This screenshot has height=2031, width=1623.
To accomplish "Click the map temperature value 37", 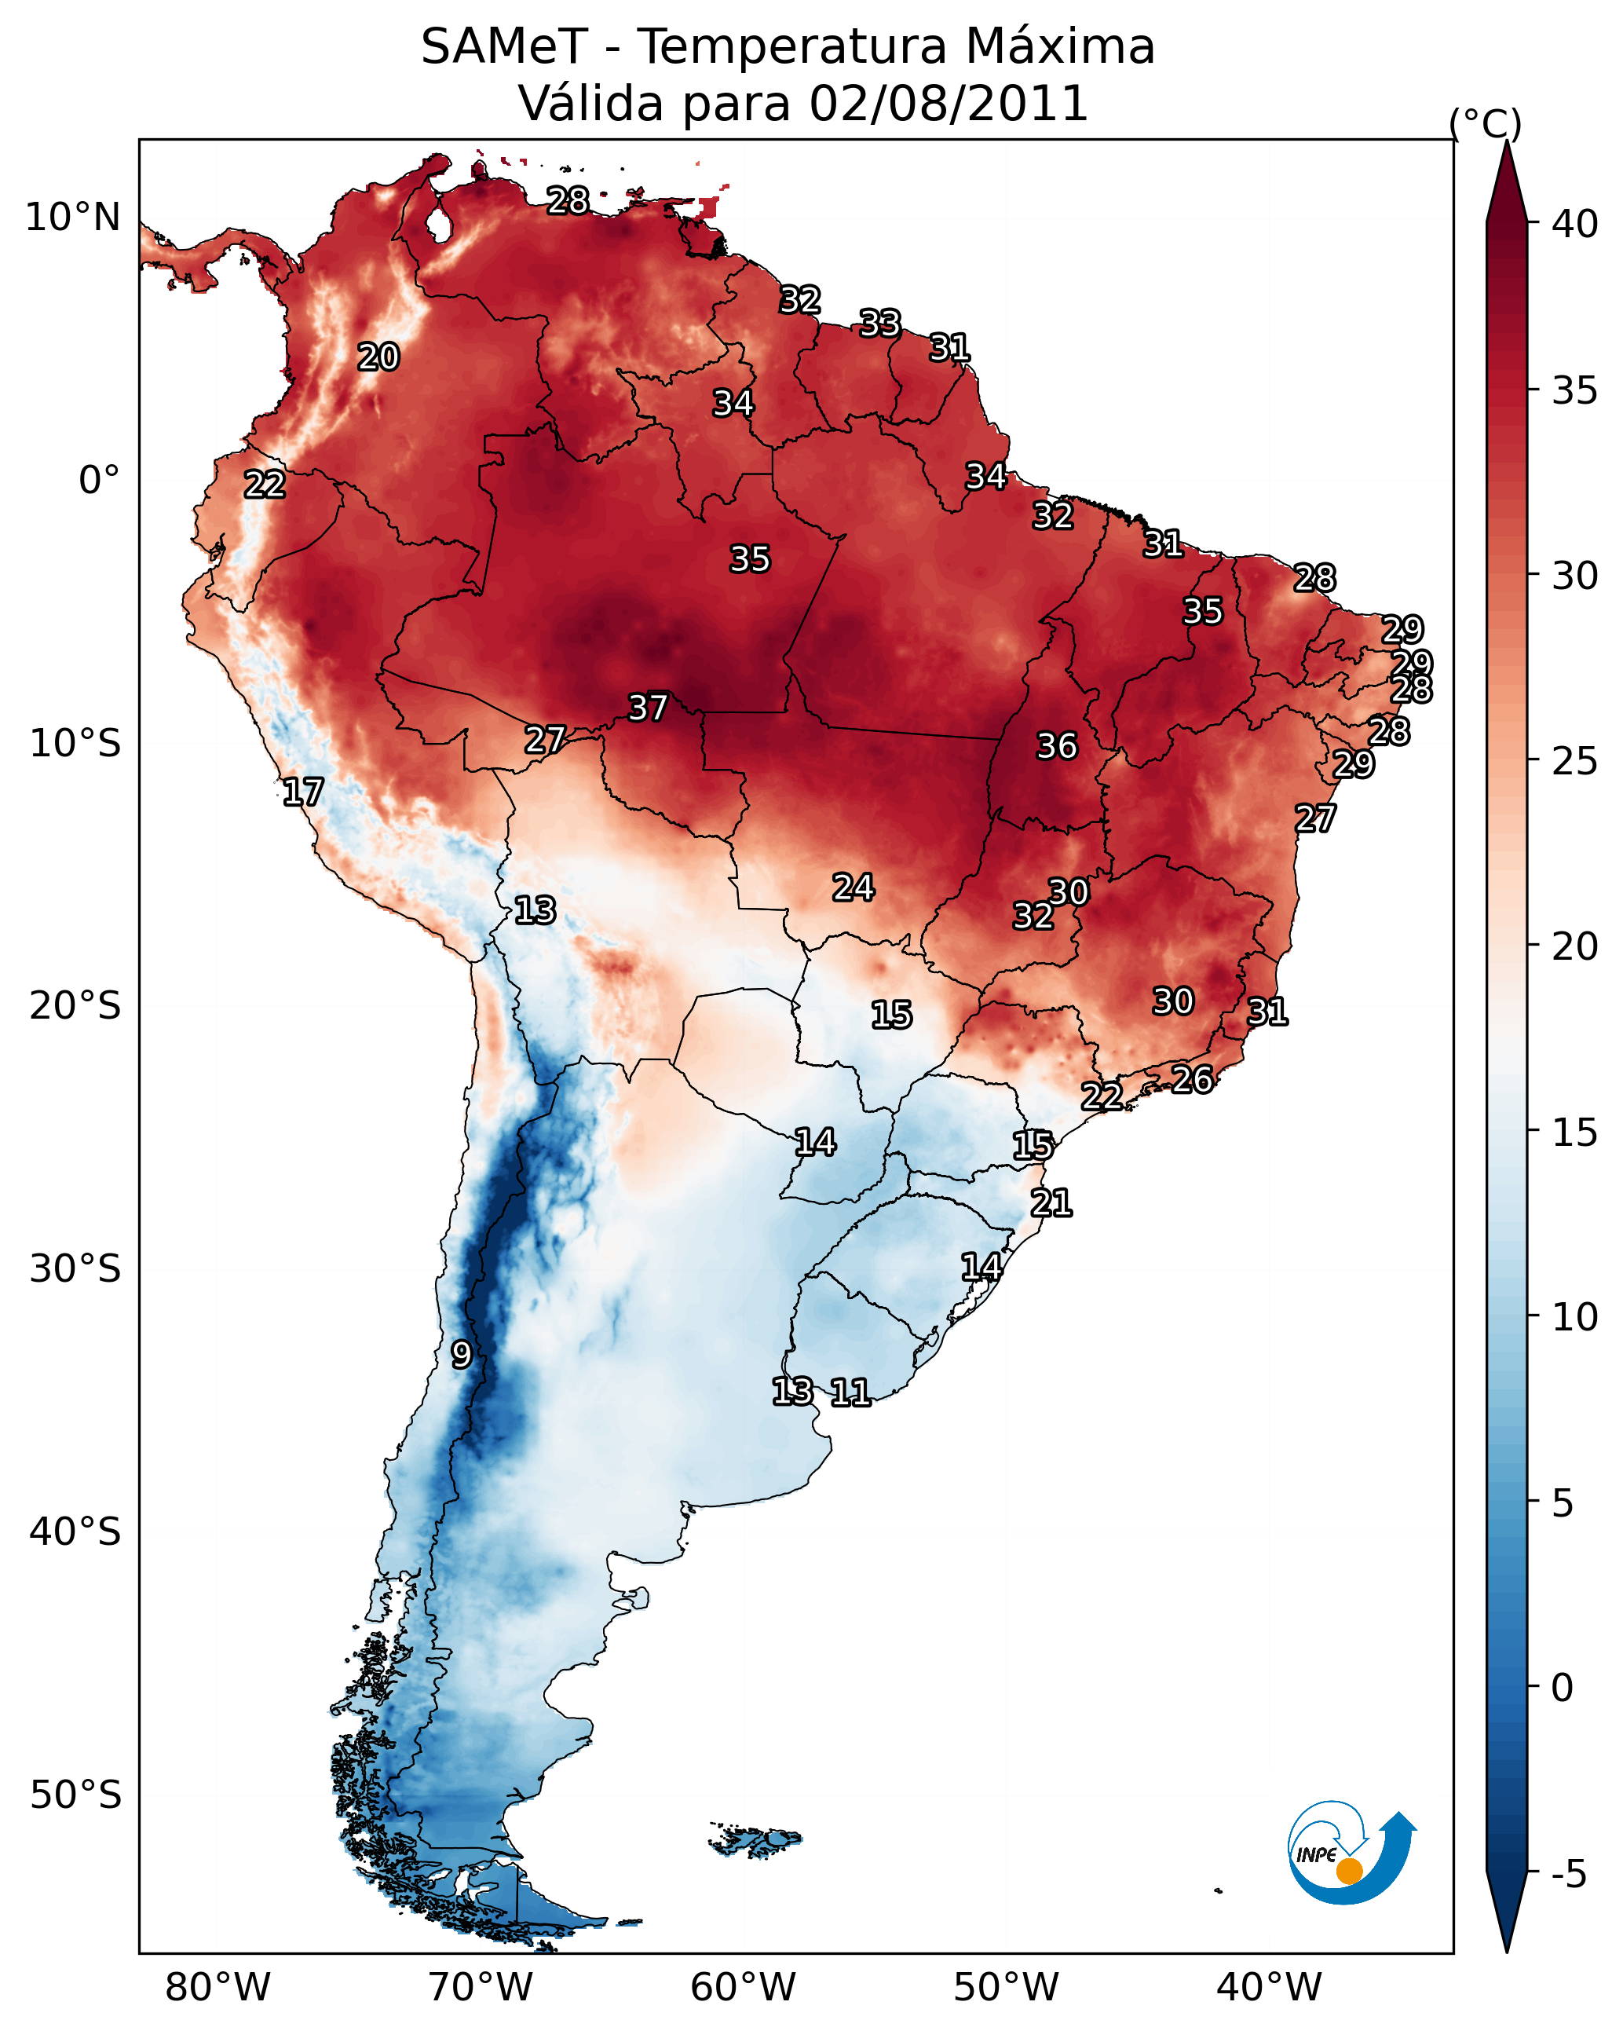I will [x=648, y=708].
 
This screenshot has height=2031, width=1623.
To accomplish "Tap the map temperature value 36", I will [x=1056, y=746].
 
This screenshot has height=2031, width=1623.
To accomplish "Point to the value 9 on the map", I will [x=462, y=1355].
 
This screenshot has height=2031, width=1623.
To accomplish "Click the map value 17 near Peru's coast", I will [x=303, y=792].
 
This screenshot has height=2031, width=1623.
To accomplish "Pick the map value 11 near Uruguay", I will [x=850, y=1392].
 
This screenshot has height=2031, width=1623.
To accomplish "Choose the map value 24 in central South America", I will [x=854, y=887].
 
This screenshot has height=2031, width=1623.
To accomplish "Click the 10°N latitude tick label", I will [x=72, y=218].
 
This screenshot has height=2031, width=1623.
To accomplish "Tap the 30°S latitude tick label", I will [x=75, y=1269].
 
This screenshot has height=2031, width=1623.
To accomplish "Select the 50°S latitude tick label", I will [x=75, y=1795].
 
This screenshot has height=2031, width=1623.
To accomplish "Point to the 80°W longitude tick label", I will [x=217, y=1987].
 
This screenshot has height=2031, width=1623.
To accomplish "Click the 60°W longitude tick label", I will [x=744, y=1987].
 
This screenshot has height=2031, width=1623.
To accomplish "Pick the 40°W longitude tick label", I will [x=1269, y=1987].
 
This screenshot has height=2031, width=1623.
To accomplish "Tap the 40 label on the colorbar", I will [x=1575, y=224].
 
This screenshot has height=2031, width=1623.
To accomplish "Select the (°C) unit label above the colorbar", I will [x=1486, y=123].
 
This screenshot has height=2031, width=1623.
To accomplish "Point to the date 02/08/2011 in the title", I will [x=948, y=104].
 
